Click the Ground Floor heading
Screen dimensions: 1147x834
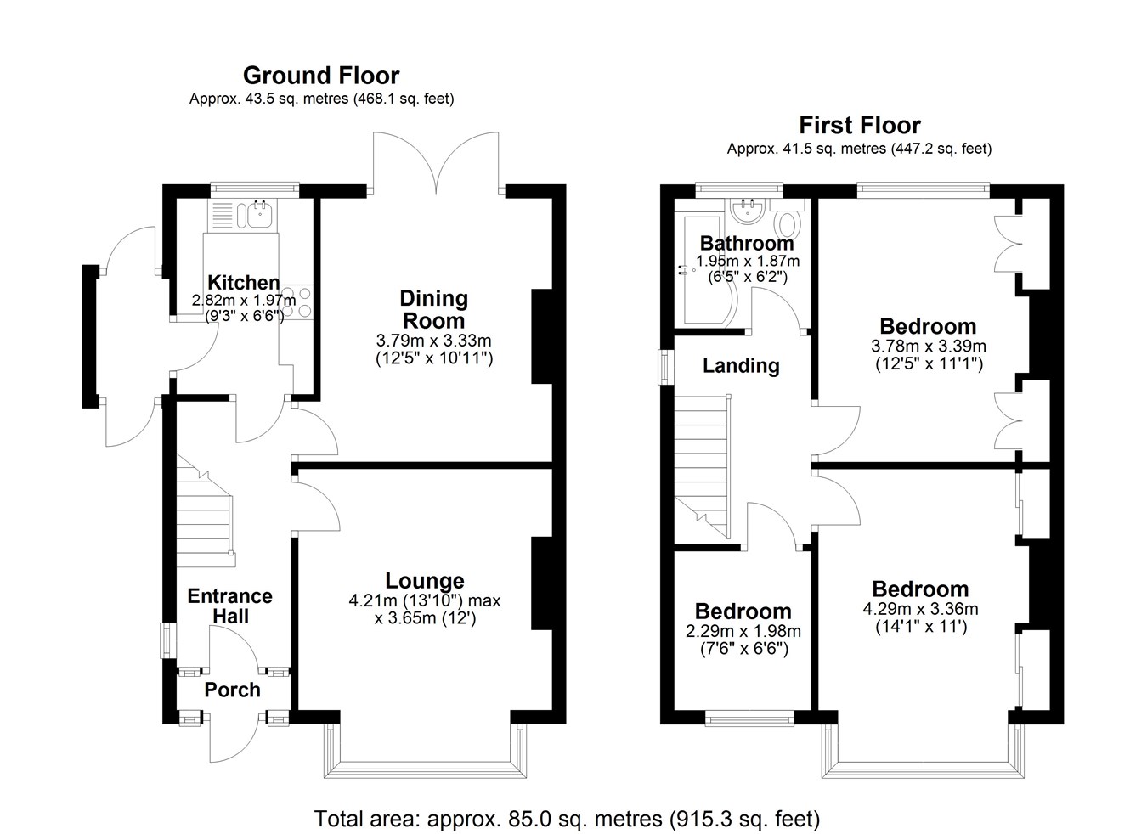(321, 76)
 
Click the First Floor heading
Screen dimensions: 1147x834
(860, 126)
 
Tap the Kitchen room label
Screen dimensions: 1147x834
(244, 282)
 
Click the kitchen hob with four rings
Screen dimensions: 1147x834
(297, 302)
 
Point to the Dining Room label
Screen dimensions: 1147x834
(433, 310)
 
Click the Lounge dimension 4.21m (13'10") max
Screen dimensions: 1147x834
(425, 600)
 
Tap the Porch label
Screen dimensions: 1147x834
(233, 690)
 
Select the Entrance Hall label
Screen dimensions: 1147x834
(230, 606)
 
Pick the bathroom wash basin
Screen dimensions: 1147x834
(747, 211)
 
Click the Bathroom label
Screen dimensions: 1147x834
(747, 243)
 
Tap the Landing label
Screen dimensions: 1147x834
(741, 365)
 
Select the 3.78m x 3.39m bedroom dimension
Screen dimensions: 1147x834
(929, 347)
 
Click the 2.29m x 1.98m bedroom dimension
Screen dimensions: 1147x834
(743, 631)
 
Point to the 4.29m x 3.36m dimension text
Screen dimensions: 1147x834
(920, 609)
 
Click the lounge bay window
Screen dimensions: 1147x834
(425, 749)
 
